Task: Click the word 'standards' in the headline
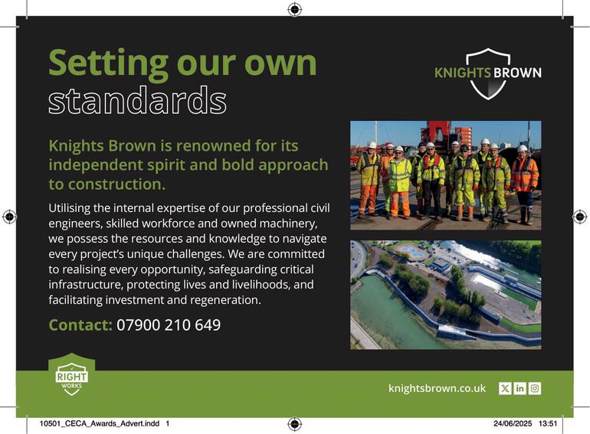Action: pos(137,100)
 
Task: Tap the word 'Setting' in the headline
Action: pos(108,64)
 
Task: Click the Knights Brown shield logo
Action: pos(488,73)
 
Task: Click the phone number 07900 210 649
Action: pos(169,325)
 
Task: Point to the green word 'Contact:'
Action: pos(80,325)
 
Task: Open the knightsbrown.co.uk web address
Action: pos(437,388)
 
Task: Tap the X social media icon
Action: pos(505,388)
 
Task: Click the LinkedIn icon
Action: pos(520,388)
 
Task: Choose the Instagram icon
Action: pos(535,388)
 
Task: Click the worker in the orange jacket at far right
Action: pos(524,184)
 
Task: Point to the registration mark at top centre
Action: pos(295,9)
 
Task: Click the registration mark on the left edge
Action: pos(9,217)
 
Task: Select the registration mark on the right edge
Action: pos(580,217)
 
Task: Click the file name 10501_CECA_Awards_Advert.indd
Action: pos(100,423)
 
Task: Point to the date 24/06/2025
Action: pos(513,423)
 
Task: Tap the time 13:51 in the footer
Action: pos(548,423)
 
